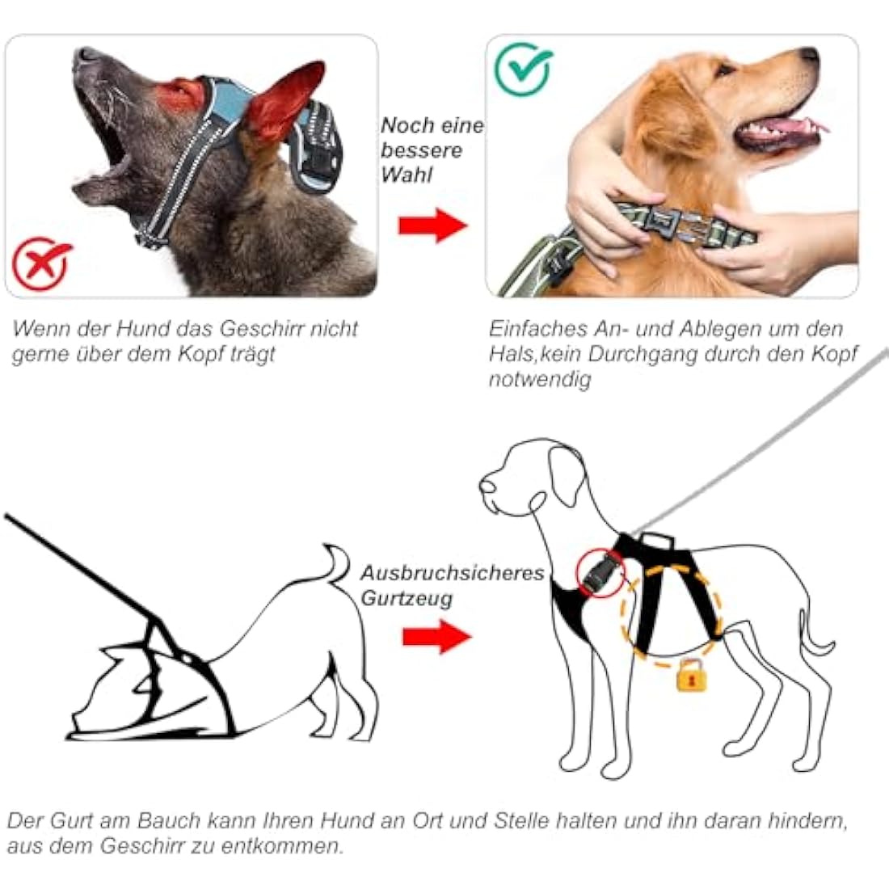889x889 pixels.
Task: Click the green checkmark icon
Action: tap(523, 70)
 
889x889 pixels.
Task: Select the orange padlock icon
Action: tap(692, 675)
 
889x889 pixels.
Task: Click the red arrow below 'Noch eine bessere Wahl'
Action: tap(432, 225)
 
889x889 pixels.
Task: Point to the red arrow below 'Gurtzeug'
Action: tap(436, 636)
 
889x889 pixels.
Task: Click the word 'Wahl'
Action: tap(407, 175)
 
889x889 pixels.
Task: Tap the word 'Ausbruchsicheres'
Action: tap(452, 573)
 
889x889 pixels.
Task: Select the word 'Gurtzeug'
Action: tap(407, 599)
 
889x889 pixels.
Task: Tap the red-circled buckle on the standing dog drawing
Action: tap(600, 573)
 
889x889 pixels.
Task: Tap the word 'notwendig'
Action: tap(540, 379)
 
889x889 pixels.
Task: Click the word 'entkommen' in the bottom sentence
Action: tap(280, 845)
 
